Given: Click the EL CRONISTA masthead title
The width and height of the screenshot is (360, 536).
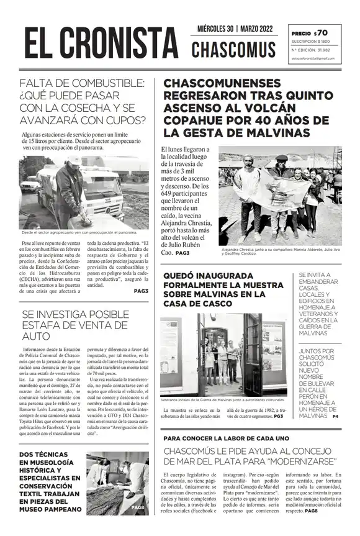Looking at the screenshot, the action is click(x=101, y=45).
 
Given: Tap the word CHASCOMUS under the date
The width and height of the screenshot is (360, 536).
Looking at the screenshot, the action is click(x=233, y=50).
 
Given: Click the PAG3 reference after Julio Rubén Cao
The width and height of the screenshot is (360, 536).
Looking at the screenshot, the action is click(x=182, y=253).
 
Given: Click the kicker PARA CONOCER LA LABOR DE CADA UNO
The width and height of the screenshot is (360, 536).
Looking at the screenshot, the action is click(x=227, y=438).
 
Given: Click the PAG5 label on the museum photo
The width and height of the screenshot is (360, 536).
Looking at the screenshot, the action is click(x=138, y=507).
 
